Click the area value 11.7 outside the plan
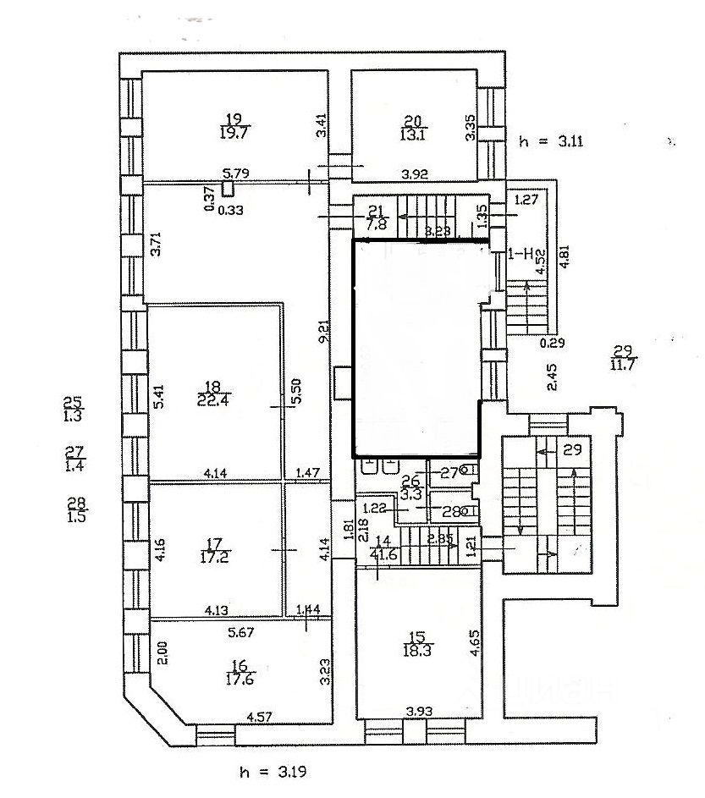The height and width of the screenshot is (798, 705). (x=624, y=364)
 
